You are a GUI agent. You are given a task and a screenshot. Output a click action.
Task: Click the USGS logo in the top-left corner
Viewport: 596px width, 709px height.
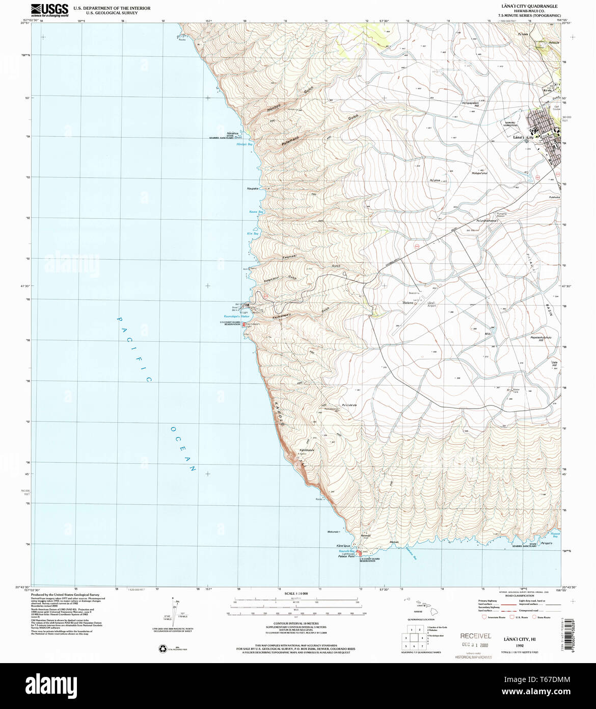[x=49, y=9]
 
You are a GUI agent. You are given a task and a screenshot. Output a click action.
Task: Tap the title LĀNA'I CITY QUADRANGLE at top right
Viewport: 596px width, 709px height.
[x=530, y=6]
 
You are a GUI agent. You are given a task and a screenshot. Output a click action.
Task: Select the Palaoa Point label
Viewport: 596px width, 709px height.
[x=346, y=556]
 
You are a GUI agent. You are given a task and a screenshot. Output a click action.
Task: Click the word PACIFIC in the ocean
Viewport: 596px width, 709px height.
[x=134, y=349]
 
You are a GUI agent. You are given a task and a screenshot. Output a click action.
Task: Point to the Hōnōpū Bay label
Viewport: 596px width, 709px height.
[x=245, y=144]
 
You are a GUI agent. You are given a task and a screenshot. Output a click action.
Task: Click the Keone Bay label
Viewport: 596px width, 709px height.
[x=256, y=211]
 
